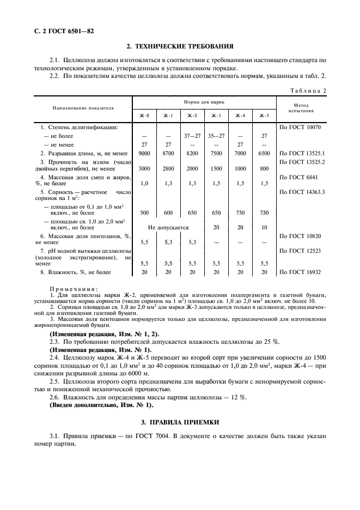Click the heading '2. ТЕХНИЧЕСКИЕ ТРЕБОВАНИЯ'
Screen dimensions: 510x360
coord(180,47)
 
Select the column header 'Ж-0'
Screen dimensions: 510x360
coord(144,116)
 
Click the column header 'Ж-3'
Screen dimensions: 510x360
coord(216,116)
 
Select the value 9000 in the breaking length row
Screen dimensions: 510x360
coord(144,154)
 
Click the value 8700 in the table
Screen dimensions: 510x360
coord(168,154)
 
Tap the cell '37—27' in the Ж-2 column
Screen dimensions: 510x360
coord(192,135)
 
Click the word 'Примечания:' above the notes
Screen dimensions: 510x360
coord(74,289)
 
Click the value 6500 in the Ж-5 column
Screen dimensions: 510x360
coord(264,154)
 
